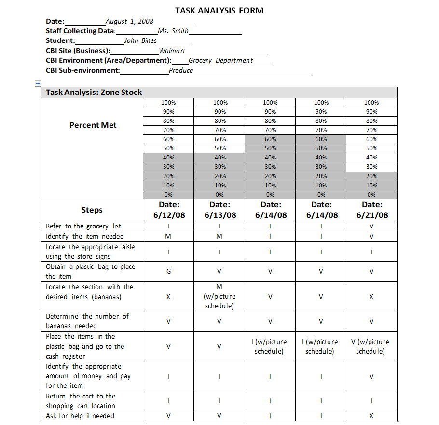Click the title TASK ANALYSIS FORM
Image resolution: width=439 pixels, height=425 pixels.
pos(219,11)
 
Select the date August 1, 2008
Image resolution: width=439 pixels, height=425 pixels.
pos(129,21)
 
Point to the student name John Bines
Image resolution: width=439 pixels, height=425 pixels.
pos(140,41)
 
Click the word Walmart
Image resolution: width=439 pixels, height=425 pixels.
pos(172,51)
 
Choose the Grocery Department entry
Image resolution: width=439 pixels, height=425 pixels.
pos(220,60)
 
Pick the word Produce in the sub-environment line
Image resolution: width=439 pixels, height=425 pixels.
pos(181,70)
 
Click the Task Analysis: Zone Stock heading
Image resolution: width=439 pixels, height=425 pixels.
pos(94,93)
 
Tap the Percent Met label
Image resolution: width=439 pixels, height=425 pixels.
pos(93,125)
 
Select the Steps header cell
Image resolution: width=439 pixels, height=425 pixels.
pos(92,210)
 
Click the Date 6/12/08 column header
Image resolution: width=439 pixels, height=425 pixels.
pos(169,210)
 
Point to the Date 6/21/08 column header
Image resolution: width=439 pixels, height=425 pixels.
pos(371,210)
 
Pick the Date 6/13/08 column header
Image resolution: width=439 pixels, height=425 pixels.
pos(220,210)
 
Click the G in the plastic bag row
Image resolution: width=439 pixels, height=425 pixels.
pos(168,271)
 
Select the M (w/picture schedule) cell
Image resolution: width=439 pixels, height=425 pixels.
pos(219,296)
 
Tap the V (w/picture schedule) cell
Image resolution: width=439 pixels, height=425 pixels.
pos(370,346)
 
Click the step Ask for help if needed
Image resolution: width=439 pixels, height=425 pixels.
pos(80,416)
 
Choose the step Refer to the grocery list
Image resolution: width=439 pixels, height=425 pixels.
pos(83,226)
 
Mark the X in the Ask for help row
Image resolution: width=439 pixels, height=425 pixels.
pos(371,416)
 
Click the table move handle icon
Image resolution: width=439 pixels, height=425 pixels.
pos(37,83)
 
